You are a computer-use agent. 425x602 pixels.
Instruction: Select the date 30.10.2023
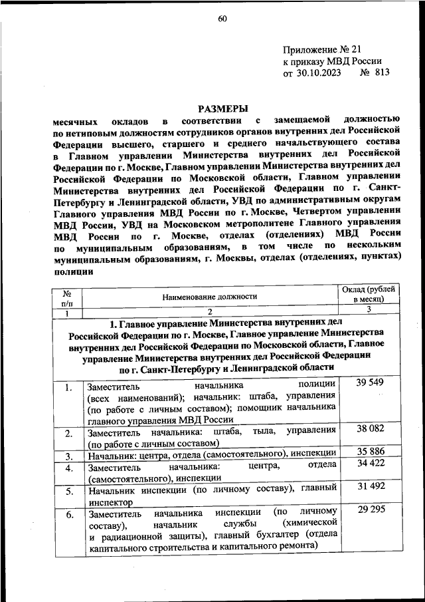pyautogui.click(x=317, y=73)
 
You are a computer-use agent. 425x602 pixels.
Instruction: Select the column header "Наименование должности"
pyautogui.click(x=209, y=297)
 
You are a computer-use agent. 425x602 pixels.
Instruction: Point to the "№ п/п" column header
pyautogui.click(x=67, y=297)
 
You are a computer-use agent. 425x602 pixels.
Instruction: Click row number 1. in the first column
pyautogui.click(x=68, y=387)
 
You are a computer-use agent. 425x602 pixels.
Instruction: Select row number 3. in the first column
pyautogui.click(x=68, y=456)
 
